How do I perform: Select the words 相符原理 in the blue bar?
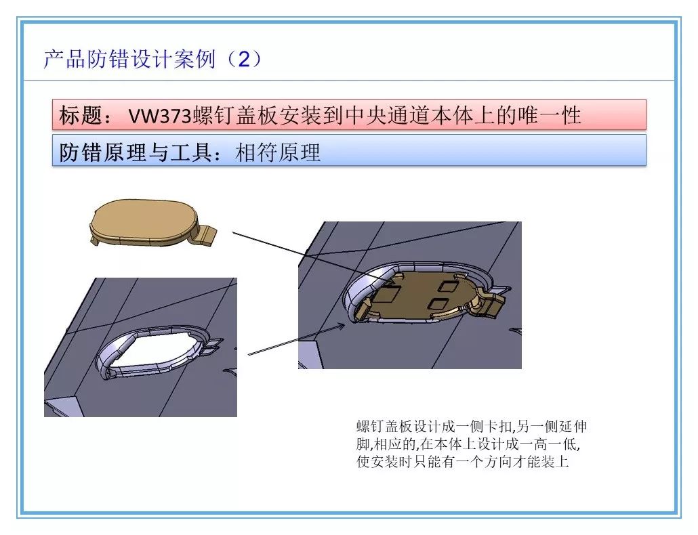point(278,152)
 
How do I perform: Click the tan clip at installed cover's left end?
point(361,310)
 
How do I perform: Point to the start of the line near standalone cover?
point(233,232)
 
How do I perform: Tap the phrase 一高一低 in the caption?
point(558,445)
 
